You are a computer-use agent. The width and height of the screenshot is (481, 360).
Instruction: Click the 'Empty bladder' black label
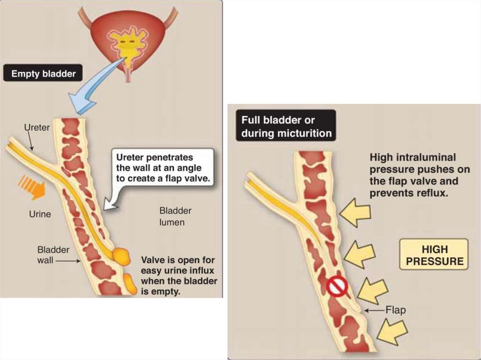coord(43,74)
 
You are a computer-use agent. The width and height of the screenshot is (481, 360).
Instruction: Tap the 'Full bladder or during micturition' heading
coord(286,126)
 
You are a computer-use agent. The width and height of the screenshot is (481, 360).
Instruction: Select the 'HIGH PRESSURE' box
coord(434,255)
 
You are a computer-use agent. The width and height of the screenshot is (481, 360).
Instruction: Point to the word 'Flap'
coord(395,310)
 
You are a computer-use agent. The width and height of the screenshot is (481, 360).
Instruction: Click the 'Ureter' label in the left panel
coord(37,127)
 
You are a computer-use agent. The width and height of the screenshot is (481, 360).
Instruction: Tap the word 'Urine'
coord(40,214)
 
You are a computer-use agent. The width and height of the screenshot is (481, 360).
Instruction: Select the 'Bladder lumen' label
coord(175,216)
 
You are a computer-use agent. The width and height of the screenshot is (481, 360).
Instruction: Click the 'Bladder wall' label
coord(53,254)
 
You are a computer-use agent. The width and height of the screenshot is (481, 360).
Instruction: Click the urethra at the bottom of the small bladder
coord(128,75)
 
